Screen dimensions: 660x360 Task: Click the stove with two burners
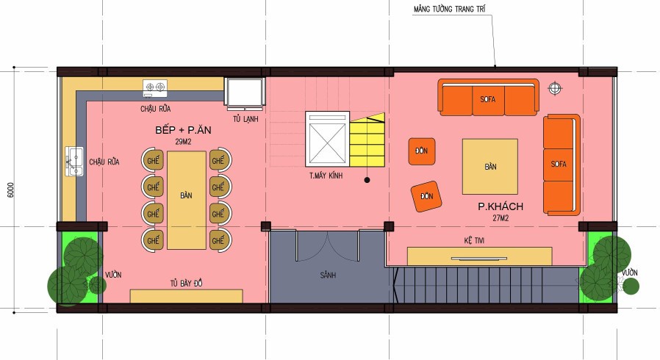154,87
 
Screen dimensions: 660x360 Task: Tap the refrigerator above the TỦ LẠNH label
245,93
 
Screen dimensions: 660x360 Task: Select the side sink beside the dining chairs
74,161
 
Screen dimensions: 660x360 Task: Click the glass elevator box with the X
328,139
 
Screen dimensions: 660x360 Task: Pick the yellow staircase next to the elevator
367,140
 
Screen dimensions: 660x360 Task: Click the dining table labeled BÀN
187,200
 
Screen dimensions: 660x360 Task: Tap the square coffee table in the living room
490,167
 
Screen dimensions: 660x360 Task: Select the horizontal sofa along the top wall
488,98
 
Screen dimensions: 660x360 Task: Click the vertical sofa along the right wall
562,165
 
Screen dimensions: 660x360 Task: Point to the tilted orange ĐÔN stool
426,196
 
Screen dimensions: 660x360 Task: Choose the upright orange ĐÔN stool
421,151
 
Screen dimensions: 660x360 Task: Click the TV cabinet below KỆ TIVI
479,256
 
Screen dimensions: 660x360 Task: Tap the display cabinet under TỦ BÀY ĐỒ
186,296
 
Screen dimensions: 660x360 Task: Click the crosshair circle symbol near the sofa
555,88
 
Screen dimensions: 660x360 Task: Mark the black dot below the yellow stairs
367,180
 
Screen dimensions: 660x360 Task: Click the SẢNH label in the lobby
328,276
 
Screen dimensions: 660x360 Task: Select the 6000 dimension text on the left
10,190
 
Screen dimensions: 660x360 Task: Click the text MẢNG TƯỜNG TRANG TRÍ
450,9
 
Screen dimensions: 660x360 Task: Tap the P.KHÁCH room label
501,206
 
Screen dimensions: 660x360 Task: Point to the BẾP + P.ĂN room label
183,130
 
